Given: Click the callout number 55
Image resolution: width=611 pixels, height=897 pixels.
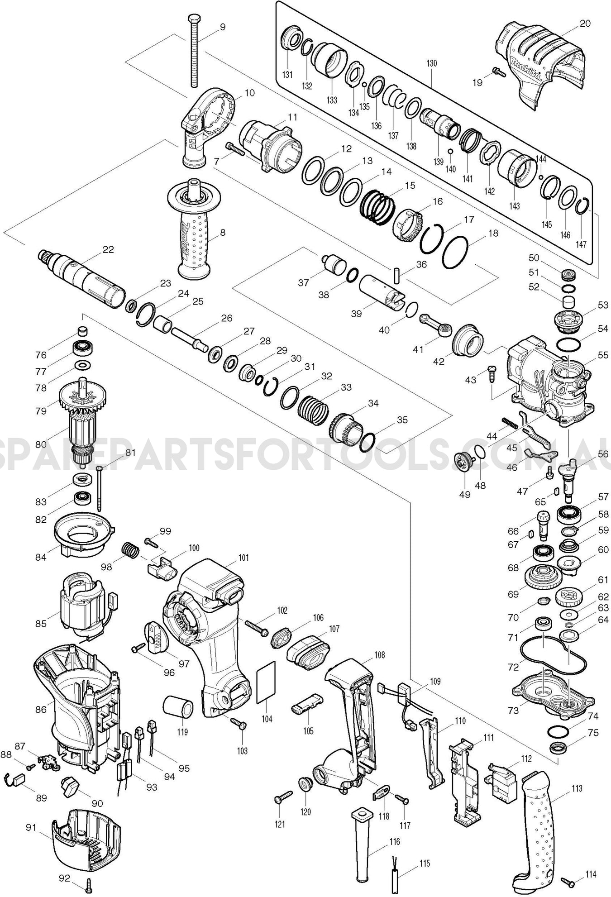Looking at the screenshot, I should pos(602,355).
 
